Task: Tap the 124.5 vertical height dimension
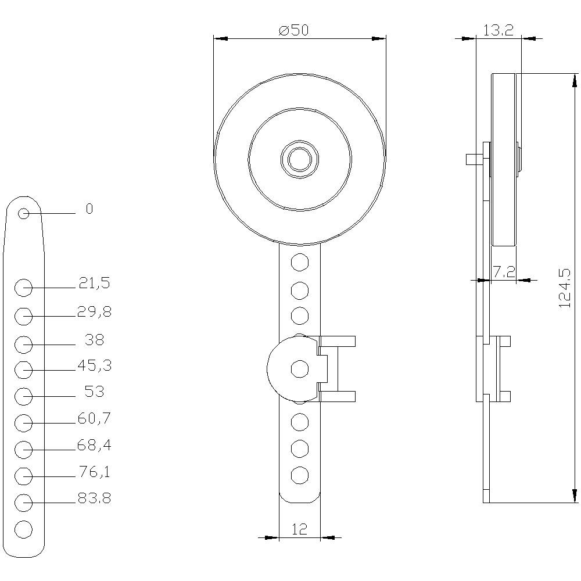pyautogui.click(x=564, y=288)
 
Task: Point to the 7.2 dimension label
pyautogui.click(x=504, y=272)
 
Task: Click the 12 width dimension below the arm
pyautogui.click(x=299, y=529)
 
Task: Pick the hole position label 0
pyautogui.click(x=89, y=209)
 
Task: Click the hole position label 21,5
pyautogui.click(x=94, y=284)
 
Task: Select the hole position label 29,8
pyautogui.click(x=94, y=312)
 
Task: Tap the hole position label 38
pyautogui.click(x=94, y=339)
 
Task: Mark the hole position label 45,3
pyautogui.click(x=94, y=365)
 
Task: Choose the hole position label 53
pyautogui.click(x=94, y=392)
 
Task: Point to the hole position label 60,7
pyautogui.click(x=94, y=418)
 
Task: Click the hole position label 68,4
pyautogui.click(x=94, y=445)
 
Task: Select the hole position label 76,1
pyautogui.click(x=94, y=472)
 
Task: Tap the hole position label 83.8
pyautogui.click(x=94, y=498)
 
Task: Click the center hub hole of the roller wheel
pyautogui.click(x=299, y=157)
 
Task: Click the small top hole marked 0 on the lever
pyautogui.click(x=24, y=213)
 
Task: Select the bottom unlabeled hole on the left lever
pyautogui.click(x=23, y=529)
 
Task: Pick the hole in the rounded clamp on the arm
pyautogui.click(x=299, y=368)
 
